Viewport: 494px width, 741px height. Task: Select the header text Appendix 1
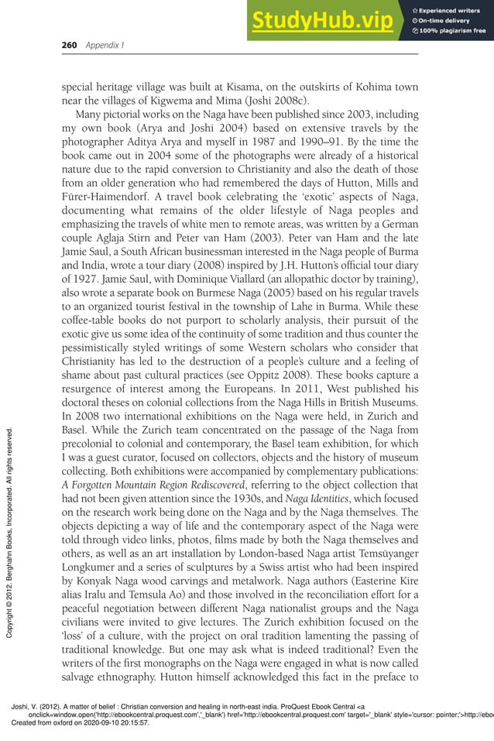[104, 45]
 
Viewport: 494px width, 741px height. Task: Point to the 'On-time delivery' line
[446, 21]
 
